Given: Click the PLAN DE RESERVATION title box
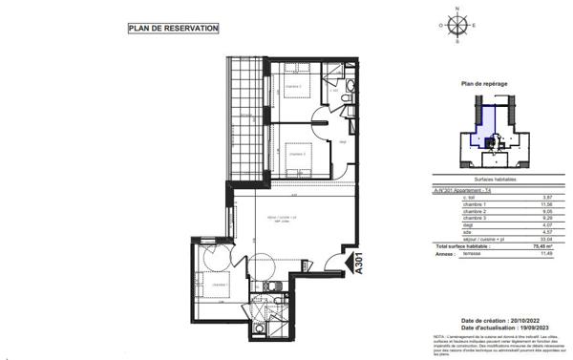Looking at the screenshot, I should coord(174,29).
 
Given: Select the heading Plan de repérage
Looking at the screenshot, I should coord(483,84).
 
